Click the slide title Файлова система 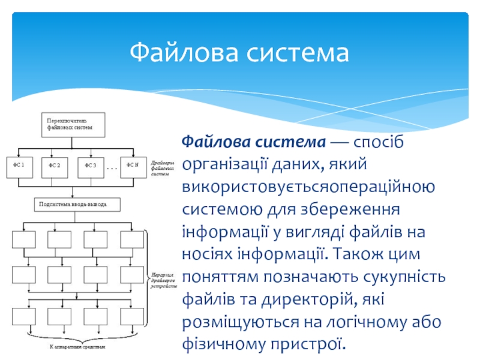[239, 53]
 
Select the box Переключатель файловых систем [72, 124]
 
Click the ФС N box [132, 166]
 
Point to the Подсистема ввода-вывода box [77, 205]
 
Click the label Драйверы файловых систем [163, 169]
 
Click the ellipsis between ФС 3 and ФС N [113, 169]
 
